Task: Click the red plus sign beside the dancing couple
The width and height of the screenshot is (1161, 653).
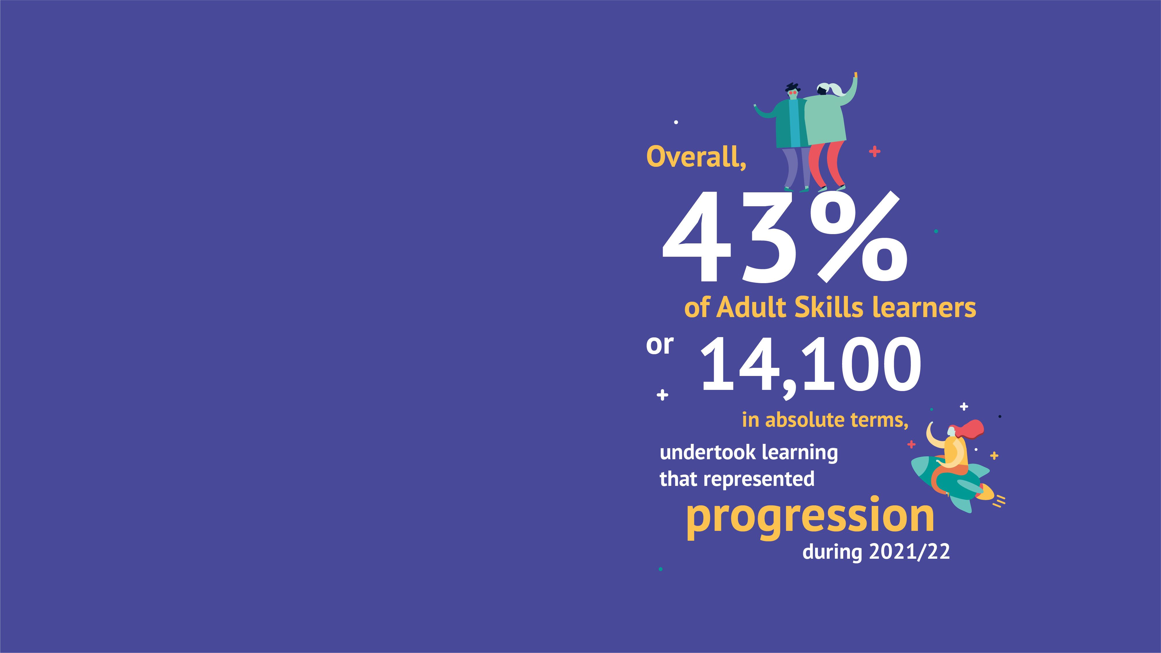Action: [x=874, y=152]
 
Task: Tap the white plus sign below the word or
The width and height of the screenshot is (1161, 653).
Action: [x=662, y=395]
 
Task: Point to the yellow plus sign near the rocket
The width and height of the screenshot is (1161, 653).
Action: [x=994, y=456]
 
